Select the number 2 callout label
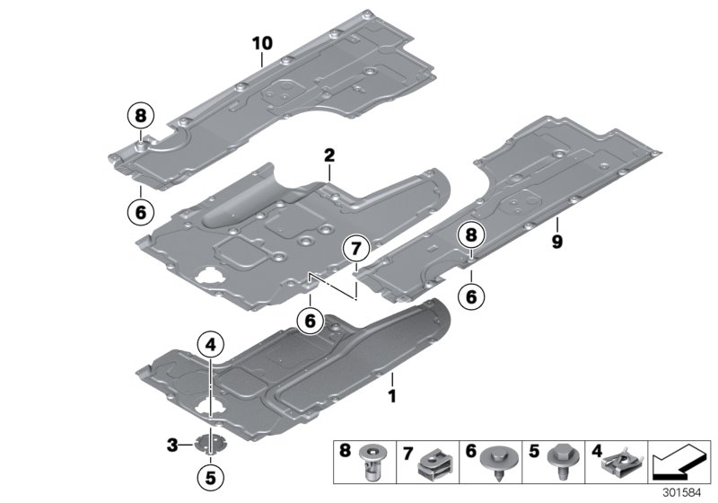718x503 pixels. point(329,155)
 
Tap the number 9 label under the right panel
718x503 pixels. point(556,243)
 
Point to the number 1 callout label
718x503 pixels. point(391,393)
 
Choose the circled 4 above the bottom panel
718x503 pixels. point(210,344)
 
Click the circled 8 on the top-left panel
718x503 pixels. point(141,115)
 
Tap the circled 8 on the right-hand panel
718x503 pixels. point(471,236)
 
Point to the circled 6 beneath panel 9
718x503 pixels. point(471,294)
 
